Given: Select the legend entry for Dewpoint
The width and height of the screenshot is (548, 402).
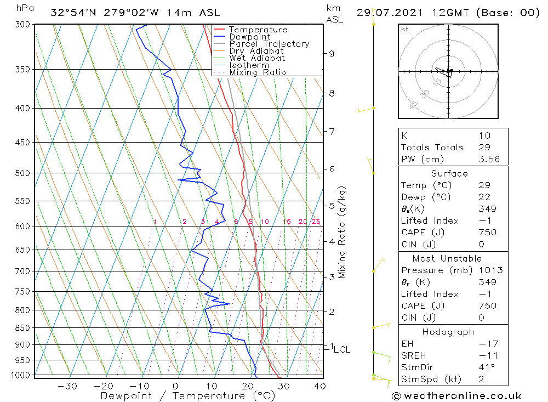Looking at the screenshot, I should pyautogui.click(x=249, y=37).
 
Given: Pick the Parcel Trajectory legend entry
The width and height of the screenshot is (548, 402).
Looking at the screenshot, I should pyautogui.click(x=269, y=44).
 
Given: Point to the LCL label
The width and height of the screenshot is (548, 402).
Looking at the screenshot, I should pyautogui.click(x=341, y=349).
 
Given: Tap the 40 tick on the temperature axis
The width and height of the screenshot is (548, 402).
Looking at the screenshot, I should pyautogui.click(x=319, y=386).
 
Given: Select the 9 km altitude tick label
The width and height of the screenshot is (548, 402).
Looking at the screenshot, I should pyautogui.click(x=332, y=54).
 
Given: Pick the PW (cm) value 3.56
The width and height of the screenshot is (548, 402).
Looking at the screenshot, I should pyautogui.click(x=489, y=160).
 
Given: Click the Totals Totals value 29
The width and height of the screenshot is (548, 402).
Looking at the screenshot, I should pyautogui.click(x=484, y=148).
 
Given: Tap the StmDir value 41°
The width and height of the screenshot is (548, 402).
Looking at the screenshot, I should pyautogui.click(x=486, y=367).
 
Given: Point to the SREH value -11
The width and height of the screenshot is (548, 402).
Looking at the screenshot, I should pyautogui.click(x=488, y=355).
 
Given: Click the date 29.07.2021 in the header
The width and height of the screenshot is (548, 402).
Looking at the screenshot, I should pyautogui.click(x=386, y=13).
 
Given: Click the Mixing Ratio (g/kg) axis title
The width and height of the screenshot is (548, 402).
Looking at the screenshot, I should pyautogui.click(x=342, y=233).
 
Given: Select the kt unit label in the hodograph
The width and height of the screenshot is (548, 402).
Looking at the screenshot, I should pyautogui.click(x=405, y=29).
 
